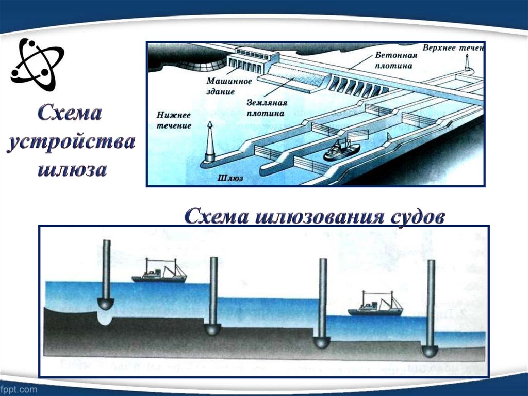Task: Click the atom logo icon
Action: [37, 62]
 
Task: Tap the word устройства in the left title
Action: [71, 142]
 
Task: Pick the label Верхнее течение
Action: [453, 48]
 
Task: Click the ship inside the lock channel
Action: [341, 150]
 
